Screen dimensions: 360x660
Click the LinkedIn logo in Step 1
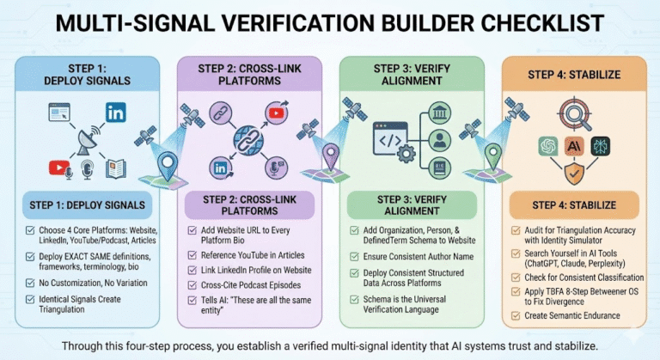coord(115,111)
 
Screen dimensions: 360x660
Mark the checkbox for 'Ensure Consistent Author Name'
coord(355,253)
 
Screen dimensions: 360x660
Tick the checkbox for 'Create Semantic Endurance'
coord(516,315)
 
